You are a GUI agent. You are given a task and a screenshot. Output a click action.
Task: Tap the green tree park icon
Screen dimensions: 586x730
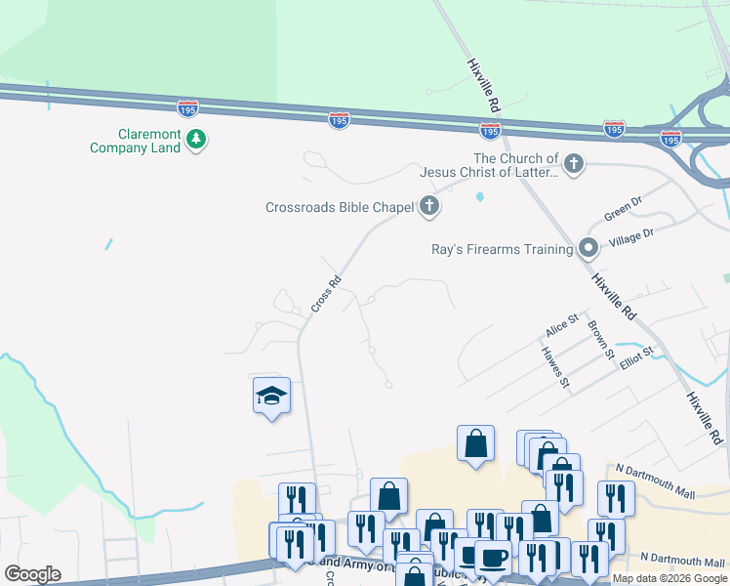pyautogui.click(x=197, y=140)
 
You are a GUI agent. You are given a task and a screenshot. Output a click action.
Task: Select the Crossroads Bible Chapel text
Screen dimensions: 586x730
pyautogui.click(x=340, y=207)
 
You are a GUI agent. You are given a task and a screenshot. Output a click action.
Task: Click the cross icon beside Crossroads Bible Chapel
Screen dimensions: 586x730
pyautogui.click(x=428, y=206)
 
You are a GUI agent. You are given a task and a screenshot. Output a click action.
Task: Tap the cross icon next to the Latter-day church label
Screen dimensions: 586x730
pyautogui.click(x=574, y=164)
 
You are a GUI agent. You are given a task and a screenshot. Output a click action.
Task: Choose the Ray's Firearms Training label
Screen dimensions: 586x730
pyautogui.click(x=502, y=249)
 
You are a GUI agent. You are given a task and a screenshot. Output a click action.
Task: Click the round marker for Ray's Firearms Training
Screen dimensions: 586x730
pyautogui.click(x=588, y=248)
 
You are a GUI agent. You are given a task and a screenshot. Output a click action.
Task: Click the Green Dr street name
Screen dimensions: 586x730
pyautogui.click(x=623, y=209)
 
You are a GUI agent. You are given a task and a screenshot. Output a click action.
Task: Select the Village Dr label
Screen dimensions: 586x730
pyautogui.click(x=630, y=235)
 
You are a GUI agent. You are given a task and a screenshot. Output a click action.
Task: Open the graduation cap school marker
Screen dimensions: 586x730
pyautogui.click(x=271, y=396)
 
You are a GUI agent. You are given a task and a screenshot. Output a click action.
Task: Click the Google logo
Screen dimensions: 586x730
pyautogui.click(x=32, y=574)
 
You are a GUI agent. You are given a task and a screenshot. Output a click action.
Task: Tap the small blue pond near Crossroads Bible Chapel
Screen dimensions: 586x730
pyautogui.click(x=479, y=197)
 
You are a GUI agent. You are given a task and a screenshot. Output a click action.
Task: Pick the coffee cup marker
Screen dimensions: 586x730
pyautogui.click(x=493, y=558)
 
